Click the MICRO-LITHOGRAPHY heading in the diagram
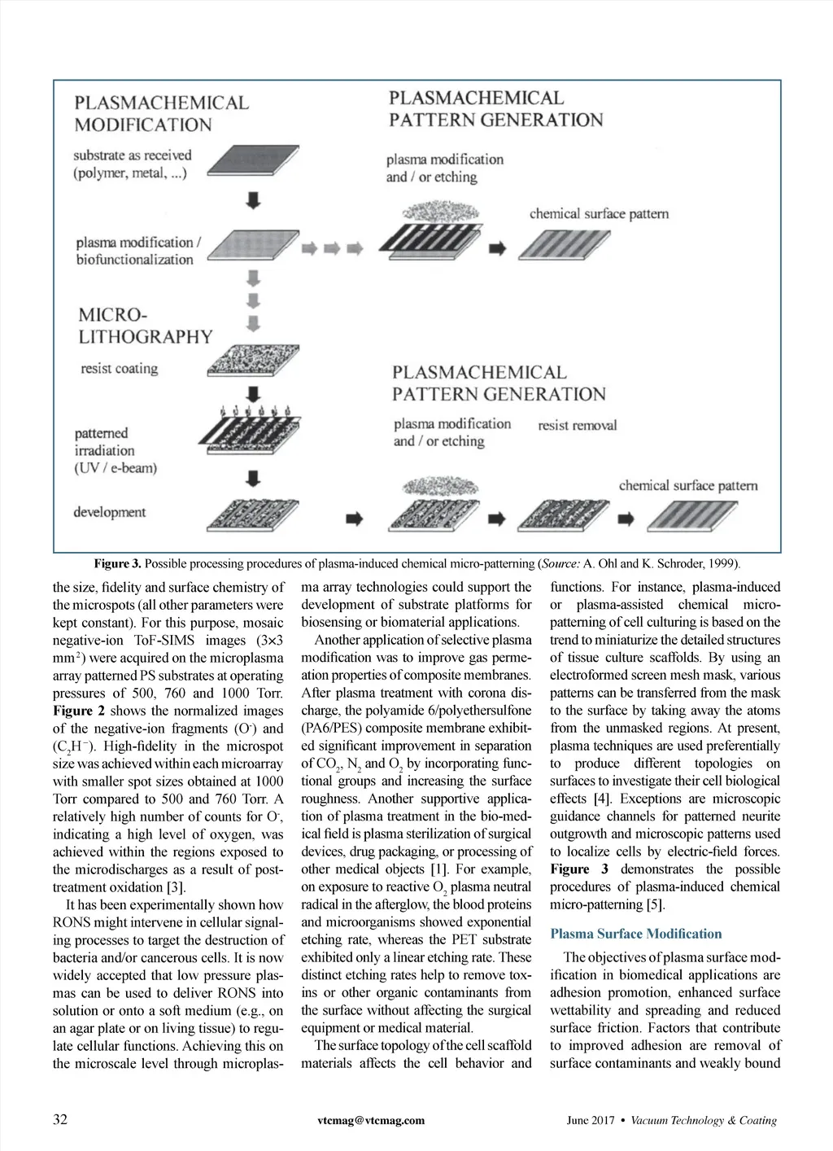tap(145, 326)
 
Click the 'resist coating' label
tap(119, 369)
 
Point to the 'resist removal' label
tap(577, 425)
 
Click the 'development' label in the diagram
tap(109, 512)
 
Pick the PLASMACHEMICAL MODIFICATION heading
tap(161, 114)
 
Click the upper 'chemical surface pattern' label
tap(599, 214)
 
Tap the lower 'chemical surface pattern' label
tap(687, 486)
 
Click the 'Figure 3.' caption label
tap(118, 563)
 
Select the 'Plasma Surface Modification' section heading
tap(635, 934)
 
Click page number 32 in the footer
tap(60, 1120)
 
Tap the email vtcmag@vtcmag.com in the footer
tap(371, 1121)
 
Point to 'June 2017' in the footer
tap(590, 1121)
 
